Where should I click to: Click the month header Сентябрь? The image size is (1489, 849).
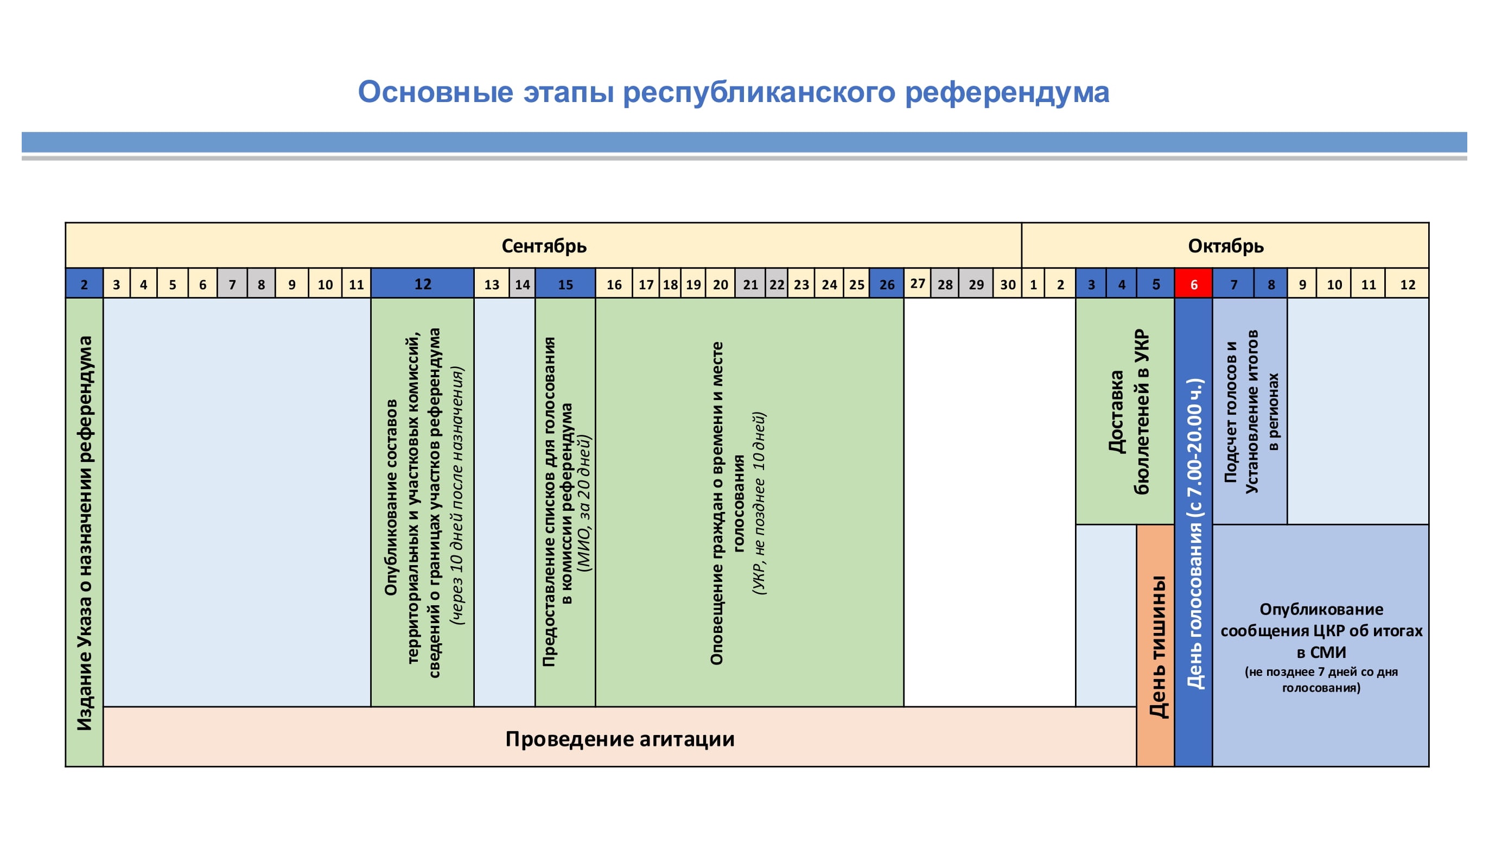(544, 246)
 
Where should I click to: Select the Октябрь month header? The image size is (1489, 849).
(1226, 246)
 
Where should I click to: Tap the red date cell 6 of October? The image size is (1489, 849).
(1193, 284)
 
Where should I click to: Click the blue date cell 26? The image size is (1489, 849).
(887, 284)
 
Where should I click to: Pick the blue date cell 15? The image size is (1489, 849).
(565, 284)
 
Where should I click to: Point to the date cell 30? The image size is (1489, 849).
(1007, 284)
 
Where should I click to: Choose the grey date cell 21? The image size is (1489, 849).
(750, 284)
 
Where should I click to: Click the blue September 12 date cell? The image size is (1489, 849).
(423, 284)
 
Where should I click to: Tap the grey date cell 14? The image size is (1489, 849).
(522, 284)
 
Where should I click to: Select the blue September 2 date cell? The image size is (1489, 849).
(85, 284)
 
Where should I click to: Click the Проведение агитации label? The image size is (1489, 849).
(620, 739)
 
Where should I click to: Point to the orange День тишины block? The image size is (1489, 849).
(1155, 645)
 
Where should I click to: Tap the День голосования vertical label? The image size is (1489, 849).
(1194, 534)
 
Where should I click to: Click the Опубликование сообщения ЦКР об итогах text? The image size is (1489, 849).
(1321, 630)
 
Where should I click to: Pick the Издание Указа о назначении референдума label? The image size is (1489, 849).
(85, 533)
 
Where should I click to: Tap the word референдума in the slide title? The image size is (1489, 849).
(1007, 92)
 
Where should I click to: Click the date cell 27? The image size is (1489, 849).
(917, 283)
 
